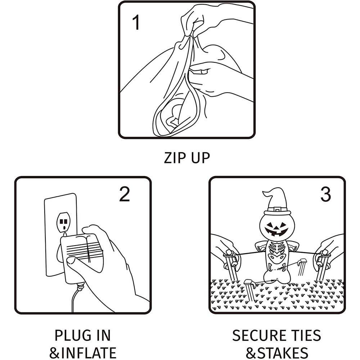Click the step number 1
point(136,22)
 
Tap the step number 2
point(125,194)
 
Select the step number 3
point(325,194)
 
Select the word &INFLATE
point(83,353)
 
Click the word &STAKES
point(277,353)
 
